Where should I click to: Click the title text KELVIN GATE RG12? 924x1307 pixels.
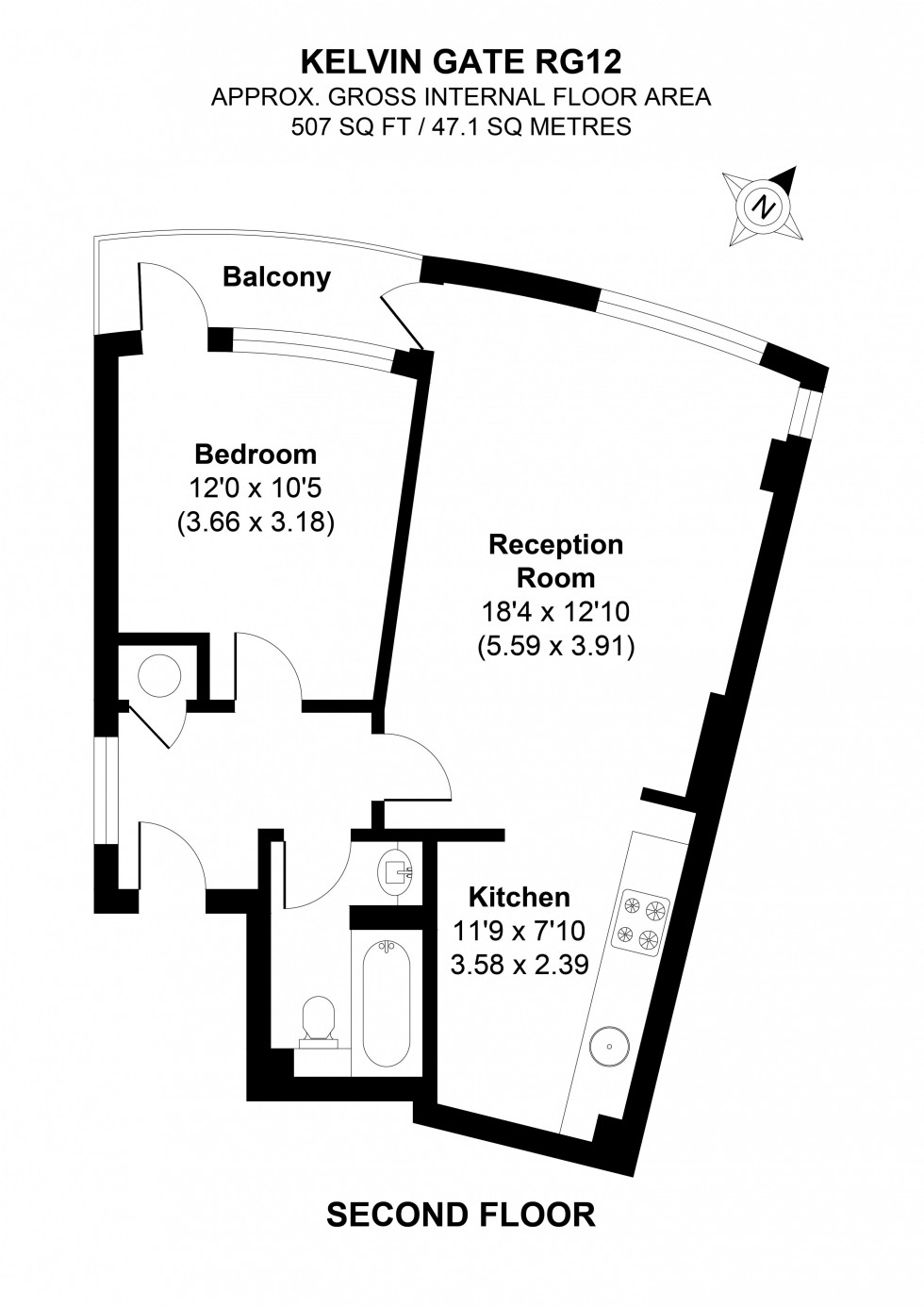point(461,62)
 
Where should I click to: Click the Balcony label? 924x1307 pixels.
point(276,277)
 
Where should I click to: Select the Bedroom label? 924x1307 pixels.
point(255,455)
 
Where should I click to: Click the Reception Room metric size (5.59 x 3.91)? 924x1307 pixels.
point(555,647)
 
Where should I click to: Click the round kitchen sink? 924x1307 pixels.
point(605,1046)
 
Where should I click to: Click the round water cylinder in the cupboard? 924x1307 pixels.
point(158,675)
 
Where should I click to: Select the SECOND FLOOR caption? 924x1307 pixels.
point(460,1216)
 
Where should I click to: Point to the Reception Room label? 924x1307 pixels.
point(555,560)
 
